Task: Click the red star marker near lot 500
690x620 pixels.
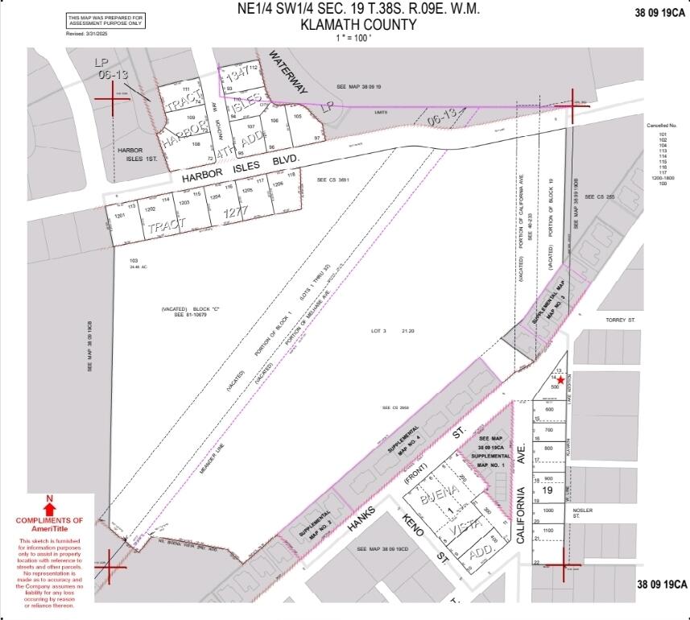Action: click(560, 379)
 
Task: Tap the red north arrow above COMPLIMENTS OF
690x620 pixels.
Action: click(49, 509)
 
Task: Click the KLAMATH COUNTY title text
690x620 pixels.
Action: click(358, 24)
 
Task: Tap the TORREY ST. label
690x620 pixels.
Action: click(621, 320)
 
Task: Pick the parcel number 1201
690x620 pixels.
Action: click(122, 217)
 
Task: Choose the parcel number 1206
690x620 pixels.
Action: click(278, 184)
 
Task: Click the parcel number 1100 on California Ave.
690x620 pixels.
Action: click(549, 531)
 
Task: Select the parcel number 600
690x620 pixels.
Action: click(549, 410)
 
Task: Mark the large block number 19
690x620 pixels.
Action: click(548, 489)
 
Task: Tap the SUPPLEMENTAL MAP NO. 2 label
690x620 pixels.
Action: click(312, 524)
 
